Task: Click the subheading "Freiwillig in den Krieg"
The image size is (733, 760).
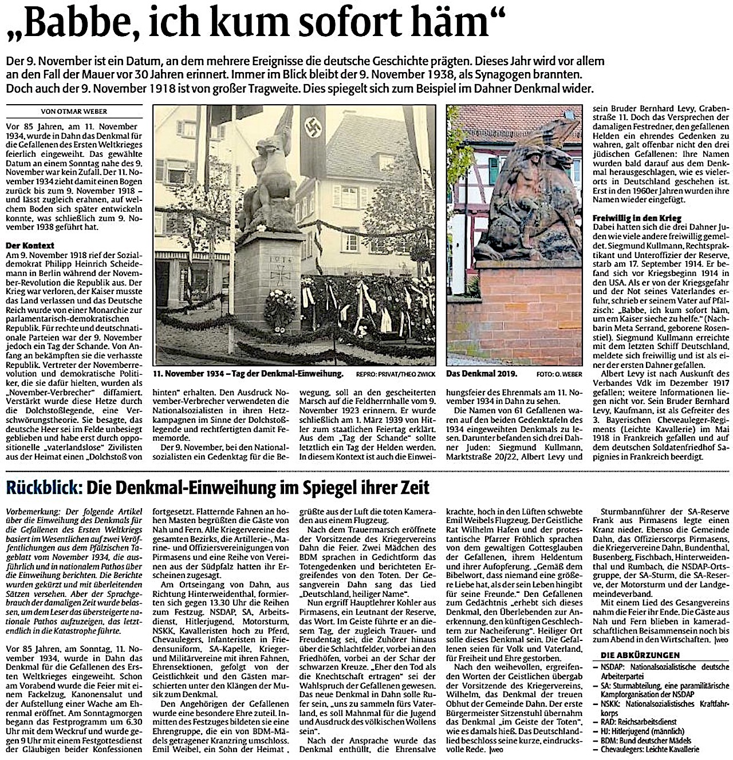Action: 628,218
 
